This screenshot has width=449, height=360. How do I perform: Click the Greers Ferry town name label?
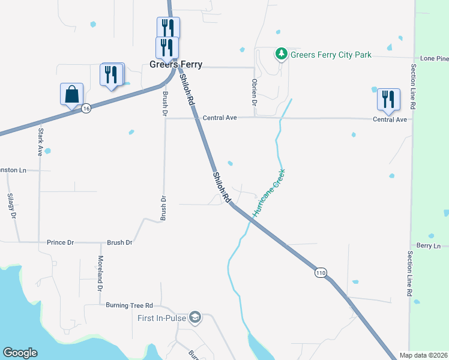176,64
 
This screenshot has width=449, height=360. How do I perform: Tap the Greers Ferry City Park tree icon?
281,55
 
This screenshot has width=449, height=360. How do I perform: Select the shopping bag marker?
71,95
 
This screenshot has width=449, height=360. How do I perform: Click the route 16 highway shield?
86,108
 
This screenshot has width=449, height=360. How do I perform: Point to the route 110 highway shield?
321,272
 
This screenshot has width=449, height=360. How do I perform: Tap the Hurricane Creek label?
268,193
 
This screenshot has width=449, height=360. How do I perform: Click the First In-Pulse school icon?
194,317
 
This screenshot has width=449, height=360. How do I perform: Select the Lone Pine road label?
435,58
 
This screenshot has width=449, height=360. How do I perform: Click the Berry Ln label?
428,246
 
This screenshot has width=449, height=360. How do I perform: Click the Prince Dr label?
60,242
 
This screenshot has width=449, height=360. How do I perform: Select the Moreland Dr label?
100,272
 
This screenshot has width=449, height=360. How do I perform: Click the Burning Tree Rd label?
129,305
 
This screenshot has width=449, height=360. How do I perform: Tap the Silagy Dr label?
11,206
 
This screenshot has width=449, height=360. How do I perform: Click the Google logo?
20,353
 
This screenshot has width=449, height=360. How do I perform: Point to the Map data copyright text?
423,355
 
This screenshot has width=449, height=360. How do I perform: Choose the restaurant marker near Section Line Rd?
388,100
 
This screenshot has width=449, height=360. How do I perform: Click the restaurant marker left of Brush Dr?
111,75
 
